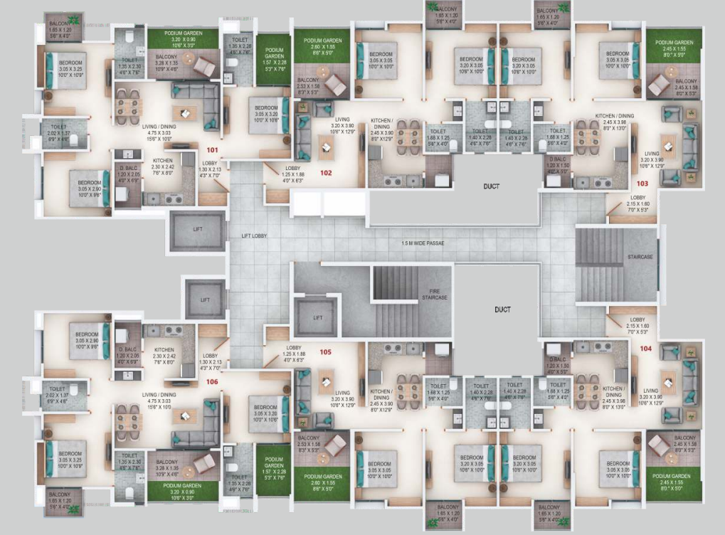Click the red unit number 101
tap(212, 150)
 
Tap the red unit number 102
tap(326, 172)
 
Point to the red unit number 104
tap(645, 349)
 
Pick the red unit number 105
tap(326, 351)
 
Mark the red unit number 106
tap(212, 381)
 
